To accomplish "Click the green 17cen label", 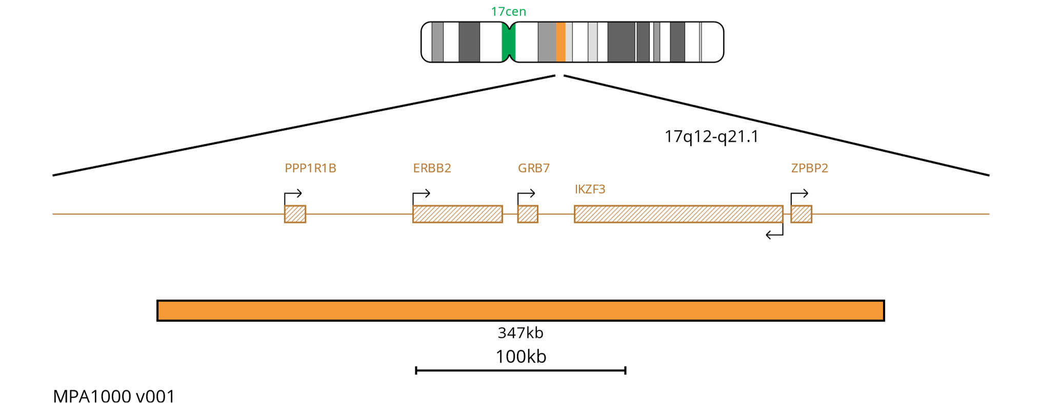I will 508,11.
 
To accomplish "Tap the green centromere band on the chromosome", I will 508,42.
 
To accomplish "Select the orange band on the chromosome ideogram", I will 560,42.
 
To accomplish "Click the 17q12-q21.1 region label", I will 711,137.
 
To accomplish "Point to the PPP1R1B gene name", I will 310,168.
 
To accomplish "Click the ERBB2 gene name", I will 432,168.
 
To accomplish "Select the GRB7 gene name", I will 533,168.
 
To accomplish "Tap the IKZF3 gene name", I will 590,189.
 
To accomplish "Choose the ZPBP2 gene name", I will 809,168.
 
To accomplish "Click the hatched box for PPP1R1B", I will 295,214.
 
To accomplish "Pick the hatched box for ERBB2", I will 457,214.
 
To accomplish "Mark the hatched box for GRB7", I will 528,214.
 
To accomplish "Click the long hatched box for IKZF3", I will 678,214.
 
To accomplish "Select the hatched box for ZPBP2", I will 801,214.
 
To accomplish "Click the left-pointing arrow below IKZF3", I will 774,234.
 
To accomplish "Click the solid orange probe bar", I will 520,311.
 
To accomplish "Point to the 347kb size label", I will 520,333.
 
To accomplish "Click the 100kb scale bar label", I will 520,357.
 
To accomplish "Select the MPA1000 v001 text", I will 114,396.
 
